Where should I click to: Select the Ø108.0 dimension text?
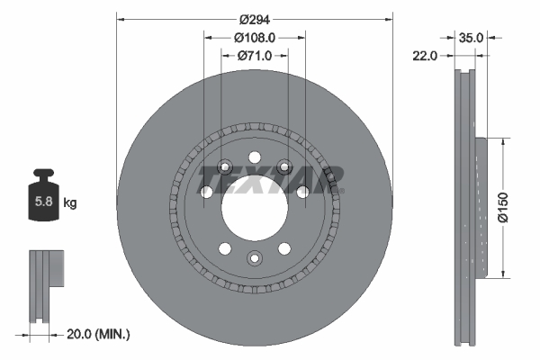coord(255,38)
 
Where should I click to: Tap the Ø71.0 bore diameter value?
coord(255,56)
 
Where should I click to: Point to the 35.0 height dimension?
coord(472,38)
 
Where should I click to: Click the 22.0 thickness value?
coord(426,56)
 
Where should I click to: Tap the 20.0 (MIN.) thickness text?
coord(98,334)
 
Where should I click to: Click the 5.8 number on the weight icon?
coord(42,203)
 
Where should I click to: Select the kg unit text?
coord(69,203)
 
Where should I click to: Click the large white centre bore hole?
coord(255,209)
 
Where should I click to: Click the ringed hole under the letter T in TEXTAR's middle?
coord(285,166)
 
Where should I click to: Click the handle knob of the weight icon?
coord(42,175)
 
